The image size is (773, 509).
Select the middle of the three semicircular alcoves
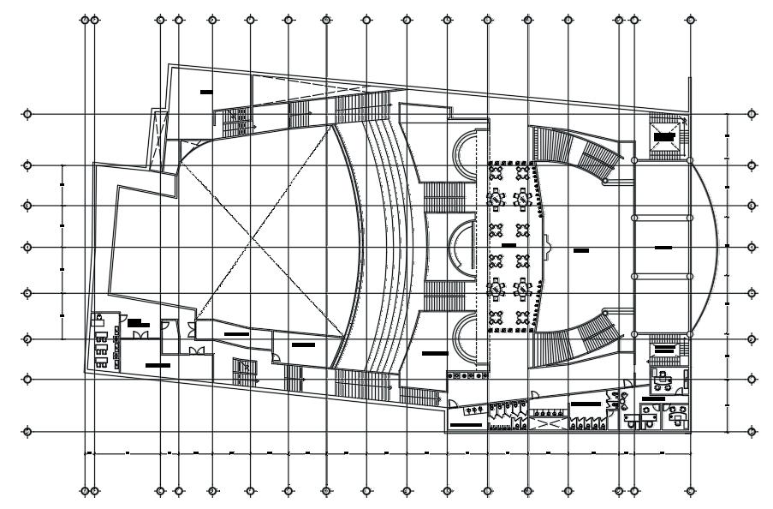463,248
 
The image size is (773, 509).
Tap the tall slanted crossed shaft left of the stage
156,141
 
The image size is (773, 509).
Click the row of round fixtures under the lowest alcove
466,375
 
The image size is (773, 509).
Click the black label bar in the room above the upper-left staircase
206,91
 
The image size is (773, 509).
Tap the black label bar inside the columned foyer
663,248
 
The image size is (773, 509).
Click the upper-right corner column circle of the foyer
691,160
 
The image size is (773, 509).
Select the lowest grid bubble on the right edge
751,431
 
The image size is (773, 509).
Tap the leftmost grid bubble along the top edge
84,18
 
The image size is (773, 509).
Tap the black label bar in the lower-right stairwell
663,350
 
